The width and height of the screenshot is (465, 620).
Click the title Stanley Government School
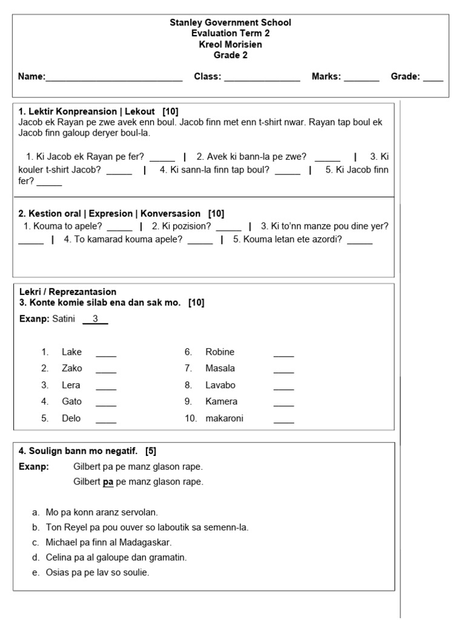230,22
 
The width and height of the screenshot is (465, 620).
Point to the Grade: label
405,76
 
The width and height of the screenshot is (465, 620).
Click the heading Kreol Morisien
230,44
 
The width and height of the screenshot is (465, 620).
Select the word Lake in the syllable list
71,352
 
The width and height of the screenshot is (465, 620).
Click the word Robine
220,352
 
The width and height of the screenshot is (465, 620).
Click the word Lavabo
220,385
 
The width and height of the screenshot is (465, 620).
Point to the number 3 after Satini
95,318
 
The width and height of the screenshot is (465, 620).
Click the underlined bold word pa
108,482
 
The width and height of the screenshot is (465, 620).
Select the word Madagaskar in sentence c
145,542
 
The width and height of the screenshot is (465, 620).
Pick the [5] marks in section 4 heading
151,451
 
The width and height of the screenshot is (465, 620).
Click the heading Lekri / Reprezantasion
68,292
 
